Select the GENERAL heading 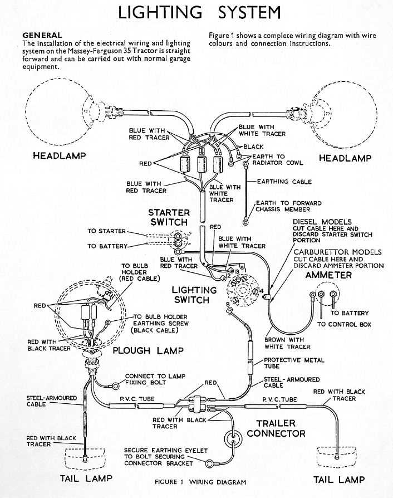(42, 35)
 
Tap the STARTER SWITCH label (169, 217)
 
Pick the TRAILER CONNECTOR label (276, 428)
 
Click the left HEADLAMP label (60, 155)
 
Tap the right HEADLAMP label (345, 158)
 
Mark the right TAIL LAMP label (339, 479)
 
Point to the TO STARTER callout (107, 231)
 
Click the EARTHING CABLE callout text (284, 182)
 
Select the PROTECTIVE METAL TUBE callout (294, 364)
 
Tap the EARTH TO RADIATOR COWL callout (278, 160)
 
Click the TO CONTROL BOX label (343, 324)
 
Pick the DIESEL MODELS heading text (322, 222)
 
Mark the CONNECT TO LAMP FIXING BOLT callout (155, 380)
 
